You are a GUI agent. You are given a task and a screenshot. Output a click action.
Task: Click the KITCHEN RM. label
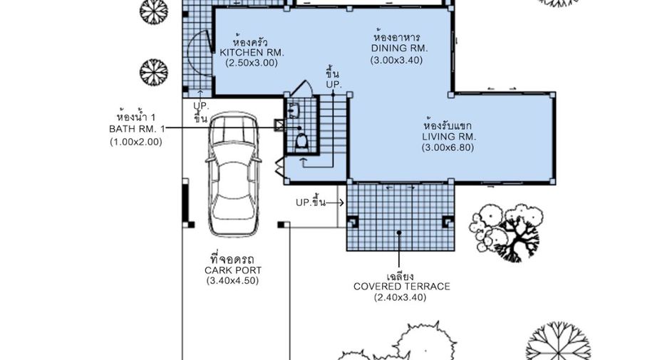(252, 53)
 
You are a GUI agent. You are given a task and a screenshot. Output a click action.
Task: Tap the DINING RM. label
(400, 48)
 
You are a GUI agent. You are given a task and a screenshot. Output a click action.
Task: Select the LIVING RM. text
(449, 137)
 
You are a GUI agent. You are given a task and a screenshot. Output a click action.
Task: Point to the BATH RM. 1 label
(137, 129)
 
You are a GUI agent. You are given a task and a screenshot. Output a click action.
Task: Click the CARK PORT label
(233, 270)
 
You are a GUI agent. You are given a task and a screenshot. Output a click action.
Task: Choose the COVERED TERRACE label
(402, 287)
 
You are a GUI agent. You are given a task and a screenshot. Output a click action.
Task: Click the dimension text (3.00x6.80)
(448, 148)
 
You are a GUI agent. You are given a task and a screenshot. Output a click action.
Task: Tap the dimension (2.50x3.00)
(252, 63)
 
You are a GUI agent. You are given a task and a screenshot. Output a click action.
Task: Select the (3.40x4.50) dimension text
(233, 281)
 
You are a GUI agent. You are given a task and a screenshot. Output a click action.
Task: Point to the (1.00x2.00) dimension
(136, 142)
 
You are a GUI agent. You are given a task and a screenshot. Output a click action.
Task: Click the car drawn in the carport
(234, 175)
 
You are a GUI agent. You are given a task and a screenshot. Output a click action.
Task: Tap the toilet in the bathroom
(301, 141)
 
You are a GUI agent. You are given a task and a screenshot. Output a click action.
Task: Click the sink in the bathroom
(294, 110)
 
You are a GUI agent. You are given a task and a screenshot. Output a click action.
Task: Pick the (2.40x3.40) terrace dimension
(400, 297)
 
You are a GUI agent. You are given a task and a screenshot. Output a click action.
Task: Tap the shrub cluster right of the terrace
(505, 232)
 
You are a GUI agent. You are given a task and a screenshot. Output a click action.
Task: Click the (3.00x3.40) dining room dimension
(397, 60)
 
